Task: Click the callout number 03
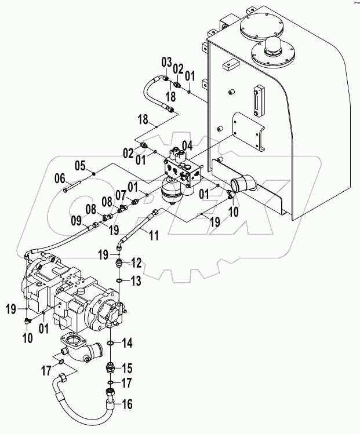[166, 62]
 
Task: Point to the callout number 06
[60, 178]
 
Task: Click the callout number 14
[126, 343]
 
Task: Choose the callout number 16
[126, 404]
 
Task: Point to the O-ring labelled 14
[111, 343]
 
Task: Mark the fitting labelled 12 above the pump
[119, 264]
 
